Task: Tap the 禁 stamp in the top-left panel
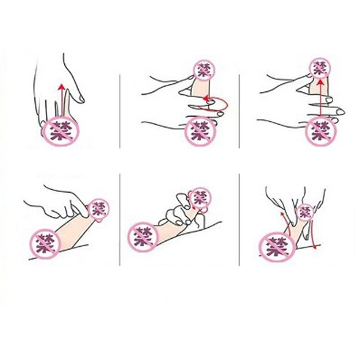pos(61,131)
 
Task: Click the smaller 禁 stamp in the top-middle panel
pos(204,69)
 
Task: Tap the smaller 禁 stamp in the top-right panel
pos(320,68)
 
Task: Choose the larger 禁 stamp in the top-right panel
pos(321,131)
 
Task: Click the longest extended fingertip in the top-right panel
pos(341,112)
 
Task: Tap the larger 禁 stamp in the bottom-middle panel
pos(143,237)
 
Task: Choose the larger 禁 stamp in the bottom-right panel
pos(277,247)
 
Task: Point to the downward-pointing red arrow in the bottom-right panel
pos(313,234)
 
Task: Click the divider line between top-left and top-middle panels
pos(120,111)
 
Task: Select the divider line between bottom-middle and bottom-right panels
pos(239,220)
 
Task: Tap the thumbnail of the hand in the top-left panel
pos(81,99)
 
